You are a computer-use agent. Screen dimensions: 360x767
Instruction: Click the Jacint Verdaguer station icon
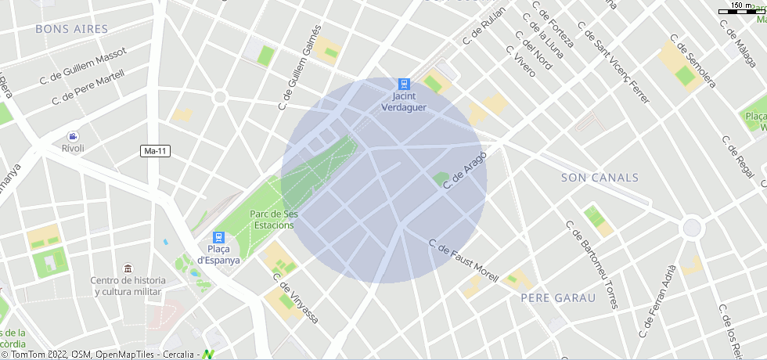[404, 84]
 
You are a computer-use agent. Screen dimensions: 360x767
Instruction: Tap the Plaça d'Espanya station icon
[218, 237]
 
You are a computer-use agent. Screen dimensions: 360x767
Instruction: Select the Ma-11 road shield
[156, 150]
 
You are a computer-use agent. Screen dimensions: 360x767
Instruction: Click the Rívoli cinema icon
[73, 136]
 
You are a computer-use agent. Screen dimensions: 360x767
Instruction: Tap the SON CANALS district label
[600, 178]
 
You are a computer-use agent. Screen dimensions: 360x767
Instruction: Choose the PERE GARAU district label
[558, 298]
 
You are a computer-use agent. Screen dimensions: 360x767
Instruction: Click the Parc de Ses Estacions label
[273, 219]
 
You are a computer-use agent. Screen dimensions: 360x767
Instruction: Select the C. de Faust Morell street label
[463, 261]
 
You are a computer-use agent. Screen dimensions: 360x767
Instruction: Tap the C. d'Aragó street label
[465, 171]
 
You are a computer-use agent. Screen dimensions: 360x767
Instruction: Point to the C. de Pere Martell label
[88, 88]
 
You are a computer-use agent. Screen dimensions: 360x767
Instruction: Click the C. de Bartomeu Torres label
[592, 264]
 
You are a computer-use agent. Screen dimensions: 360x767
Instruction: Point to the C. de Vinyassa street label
[295, 298]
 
